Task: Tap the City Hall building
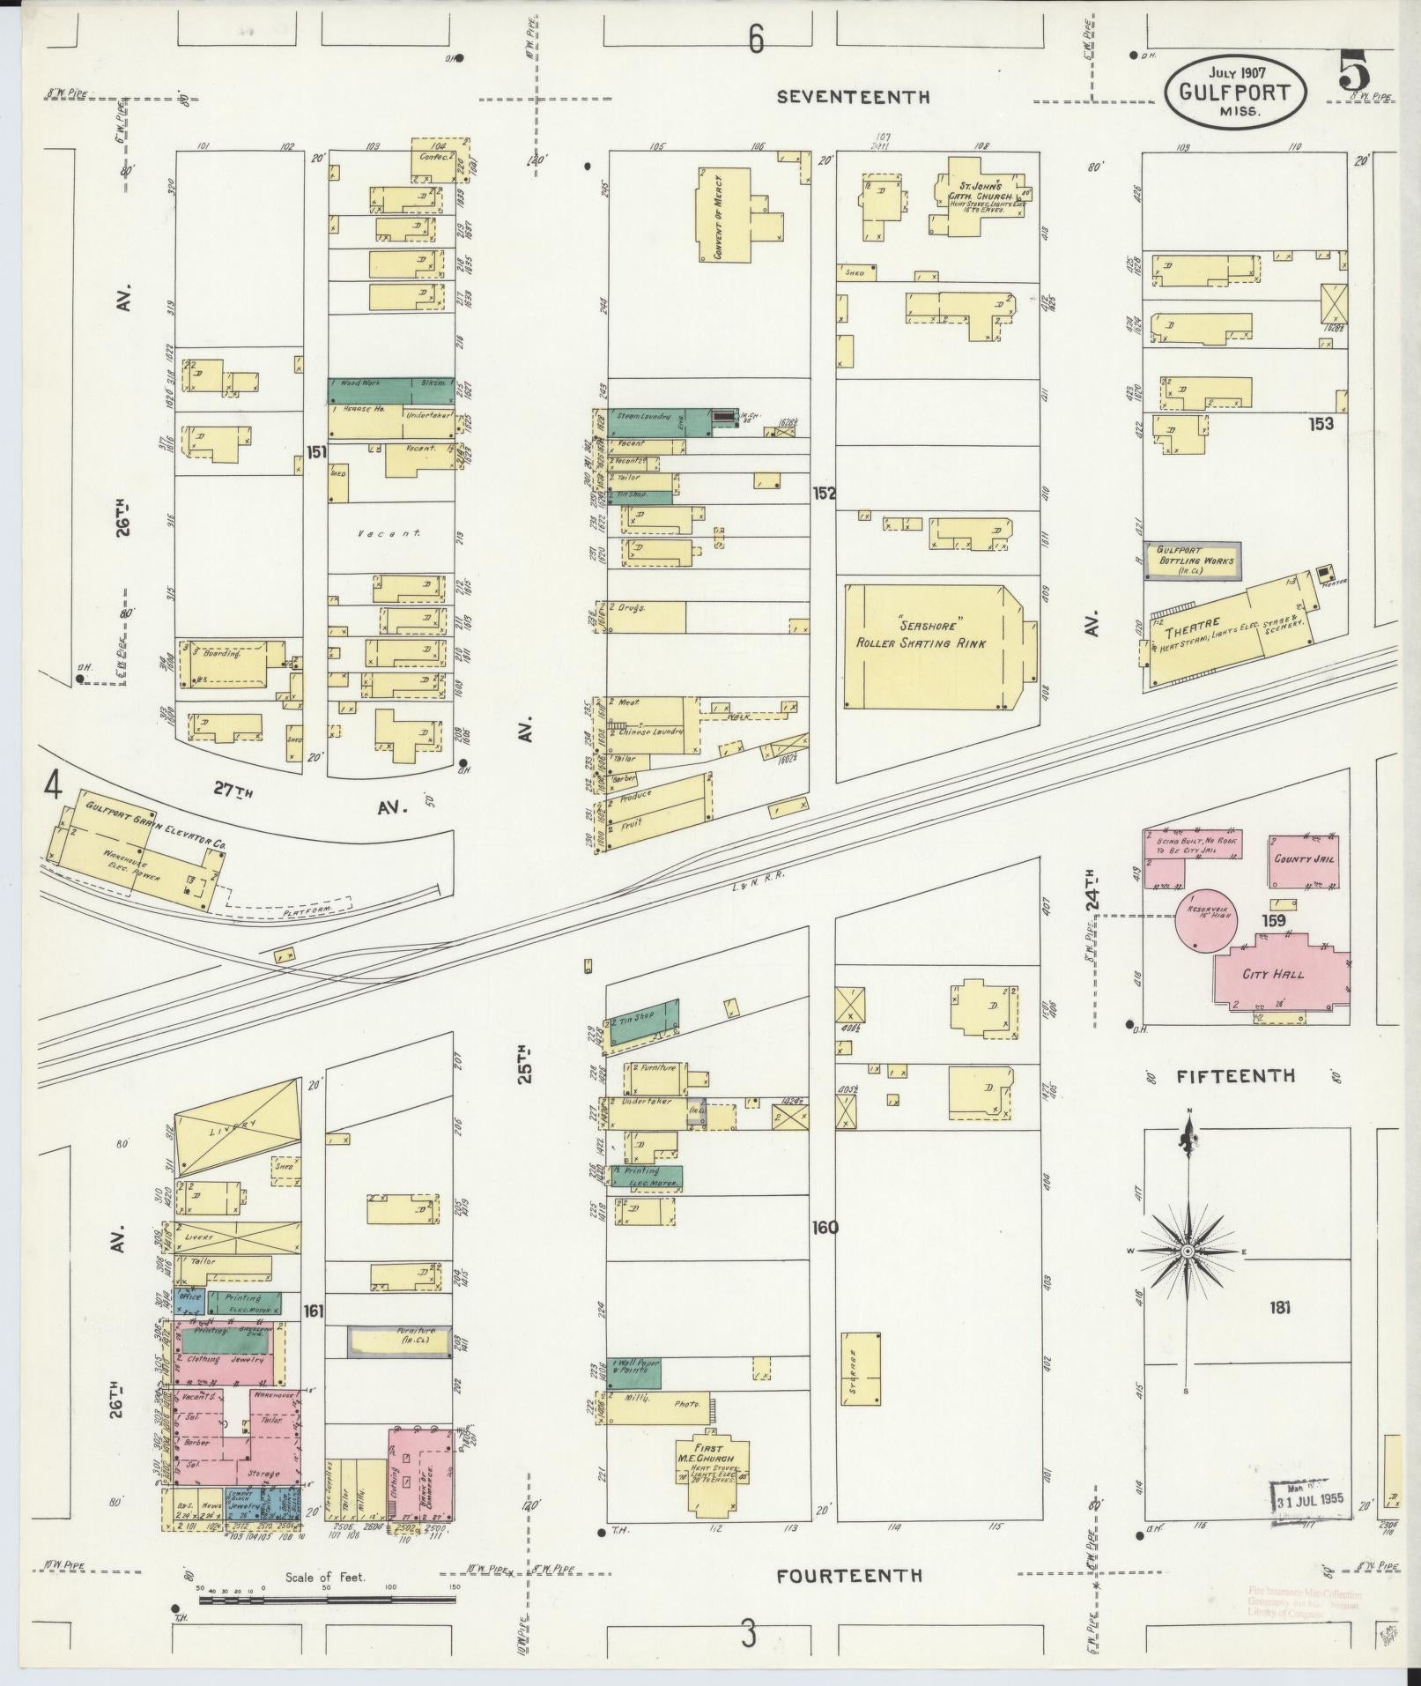(x=1274, y=974)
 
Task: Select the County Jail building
(x=1305, y=858)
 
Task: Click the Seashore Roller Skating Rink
(x=934, y=644)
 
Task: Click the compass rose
(x=1188, y=1252)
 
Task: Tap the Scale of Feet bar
(x=326, y=1598)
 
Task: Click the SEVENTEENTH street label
(x=852, y=98)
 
